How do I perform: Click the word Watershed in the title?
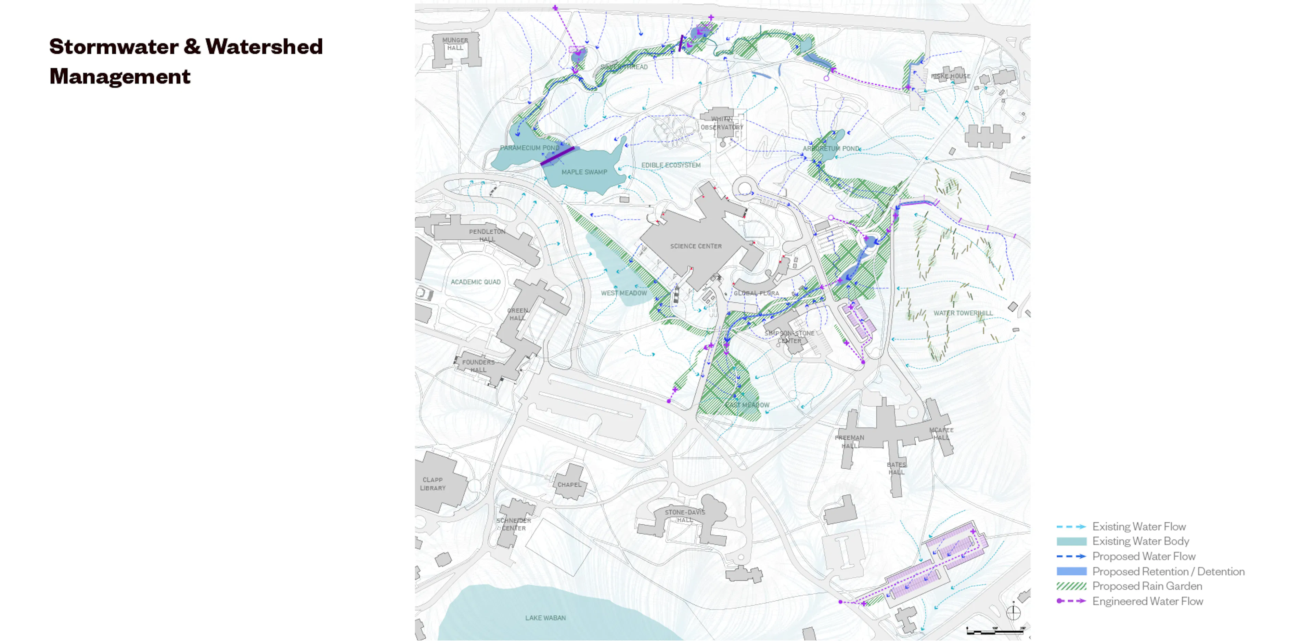point(264,47)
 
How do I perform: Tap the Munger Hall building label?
point(455,44)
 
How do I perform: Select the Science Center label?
point(696,246)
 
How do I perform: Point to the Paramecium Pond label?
point(529,148)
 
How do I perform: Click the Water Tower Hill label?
point(963,313)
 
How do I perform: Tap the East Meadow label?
point(747,405)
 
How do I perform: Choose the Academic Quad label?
point(475,282)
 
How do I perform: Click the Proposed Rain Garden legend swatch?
point(1071,586)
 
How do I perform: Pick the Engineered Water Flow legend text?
point(1147,601)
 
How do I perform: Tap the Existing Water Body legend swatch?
point(1071,541)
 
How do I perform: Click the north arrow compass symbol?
point(1014,613)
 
